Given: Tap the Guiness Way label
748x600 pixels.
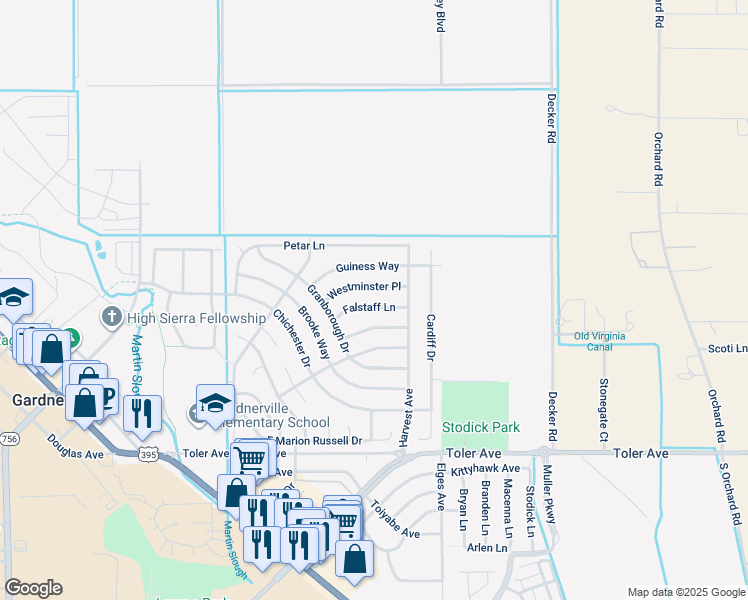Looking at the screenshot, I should pyautogui.click(x=367, y=267).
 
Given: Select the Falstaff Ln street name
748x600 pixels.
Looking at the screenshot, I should pyautogui.click(x=369, y=308).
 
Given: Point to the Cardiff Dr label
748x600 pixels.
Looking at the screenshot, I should pyautogui.click(x=430, y=337).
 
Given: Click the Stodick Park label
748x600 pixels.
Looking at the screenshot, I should pyautogui.click(x=481, y=428).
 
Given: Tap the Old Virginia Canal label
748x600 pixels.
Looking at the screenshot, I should pyautogui.click(x=606, y=341).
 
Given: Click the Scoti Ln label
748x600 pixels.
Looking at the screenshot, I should pyautogui.click(x=727, y=349).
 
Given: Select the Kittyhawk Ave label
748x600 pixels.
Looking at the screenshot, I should pyautogui.click(x=485, y=469).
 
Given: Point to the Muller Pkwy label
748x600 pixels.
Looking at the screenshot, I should pyautogui.click(x=547, y=495).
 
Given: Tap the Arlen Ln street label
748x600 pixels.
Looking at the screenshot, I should pyautogui.click(x=487, y=548).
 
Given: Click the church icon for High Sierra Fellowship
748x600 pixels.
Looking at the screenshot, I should pyautogui.click(x=112, y=318).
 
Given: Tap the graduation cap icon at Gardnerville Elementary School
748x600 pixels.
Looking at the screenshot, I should pyautogui.click(x=215, y=402).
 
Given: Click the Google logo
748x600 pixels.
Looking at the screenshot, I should pyautogui.click(x=33, y=588).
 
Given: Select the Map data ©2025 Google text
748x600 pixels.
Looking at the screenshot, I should pyautogui.click(x=685, y=592).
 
